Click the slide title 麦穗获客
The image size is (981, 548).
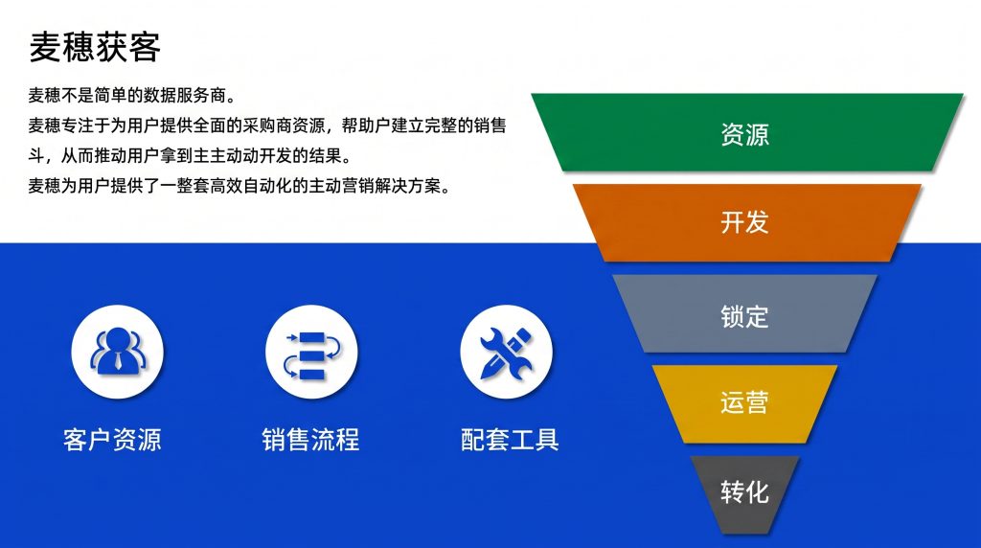click(x=95, y=47)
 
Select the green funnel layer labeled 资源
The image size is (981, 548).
click(x=746, y=132)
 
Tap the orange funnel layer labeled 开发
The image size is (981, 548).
click(x=746, y=222)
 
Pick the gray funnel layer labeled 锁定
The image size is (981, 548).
click(x=744, y=313)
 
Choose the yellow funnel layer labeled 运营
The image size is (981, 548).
click(x=744, y=403)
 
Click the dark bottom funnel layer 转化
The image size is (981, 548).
click(x=744, y=494)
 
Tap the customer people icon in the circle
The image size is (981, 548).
click(x=118, y=351)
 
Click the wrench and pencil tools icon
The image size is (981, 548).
click(x=506, y=353)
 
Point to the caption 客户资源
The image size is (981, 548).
click(x=112, y=440)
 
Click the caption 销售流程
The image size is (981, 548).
click(x=311, y=440)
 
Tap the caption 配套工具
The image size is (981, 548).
click(x=510, y=440)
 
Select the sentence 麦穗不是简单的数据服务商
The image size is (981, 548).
click(x=132, y=96)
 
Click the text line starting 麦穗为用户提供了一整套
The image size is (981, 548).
click(x=240, y=186)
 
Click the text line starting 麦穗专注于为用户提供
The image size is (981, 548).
click(x=267, y=126)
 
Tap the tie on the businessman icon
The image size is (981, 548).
click(x=118, y=361)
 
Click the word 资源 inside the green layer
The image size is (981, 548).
click(x=744, y=134)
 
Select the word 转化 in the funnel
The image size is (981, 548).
click(x=744, y=492)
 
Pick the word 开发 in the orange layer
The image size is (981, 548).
click(x=744, y=222)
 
